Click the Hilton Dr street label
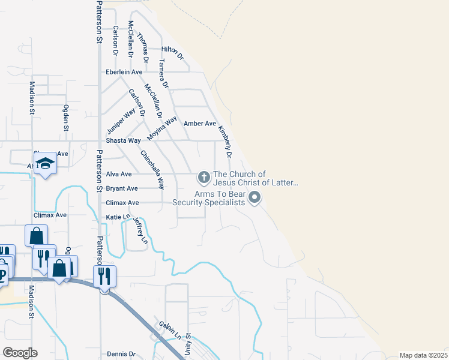172,52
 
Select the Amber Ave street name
199,124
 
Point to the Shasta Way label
123,140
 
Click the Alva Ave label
118,174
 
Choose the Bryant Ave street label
122,188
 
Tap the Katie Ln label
118,217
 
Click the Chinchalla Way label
152,169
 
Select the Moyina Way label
162,128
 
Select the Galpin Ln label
167,328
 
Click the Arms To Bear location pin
255,197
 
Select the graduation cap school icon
45,164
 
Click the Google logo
19,353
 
